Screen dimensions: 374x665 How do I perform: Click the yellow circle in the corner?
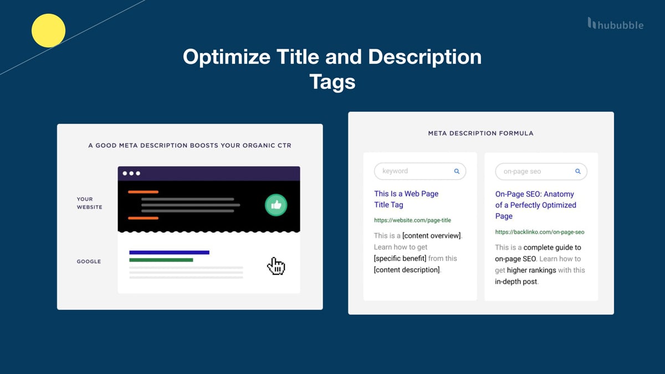49,30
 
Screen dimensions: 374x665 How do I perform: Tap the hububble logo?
616,24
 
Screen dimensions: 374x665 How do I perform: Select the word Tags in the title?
332,82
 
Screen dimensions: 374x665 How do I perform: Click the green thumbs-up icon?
275,205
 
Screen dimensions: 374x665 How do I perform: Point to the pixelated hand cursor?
275,266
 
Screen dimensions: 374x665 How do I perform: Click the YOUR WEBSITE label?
85,203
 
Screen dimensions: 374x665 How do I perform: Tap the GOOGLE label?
89,262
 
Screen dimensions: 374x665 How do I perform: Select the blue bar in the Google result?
169,252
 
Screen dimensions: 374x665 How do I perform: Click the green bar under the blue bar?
161,260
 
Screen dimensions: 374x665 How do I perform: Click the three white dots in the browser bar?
131,173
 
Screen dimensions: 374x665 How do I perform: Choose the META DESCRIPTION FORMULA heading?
480,134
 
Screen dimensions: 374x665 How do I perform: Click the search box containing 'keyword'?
420,171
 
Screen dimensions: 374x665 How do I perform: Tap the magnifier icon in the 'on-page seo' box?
577,172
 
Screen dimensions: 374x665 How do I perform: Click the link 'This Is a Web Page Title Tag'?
406,199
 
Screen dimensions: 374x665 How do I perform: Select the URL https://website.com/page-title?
412,221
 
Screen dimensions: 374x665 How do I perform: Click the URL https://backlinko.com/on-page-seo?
539,232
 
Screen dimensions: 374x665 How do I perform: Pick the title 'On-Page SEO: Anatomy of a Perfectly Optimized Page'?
535,205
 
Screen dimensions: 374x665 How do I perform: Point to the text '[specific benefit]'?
400,259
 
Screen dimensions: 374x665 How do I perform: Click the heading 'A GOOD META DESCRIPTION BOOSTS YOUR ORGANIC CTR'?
190,146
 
